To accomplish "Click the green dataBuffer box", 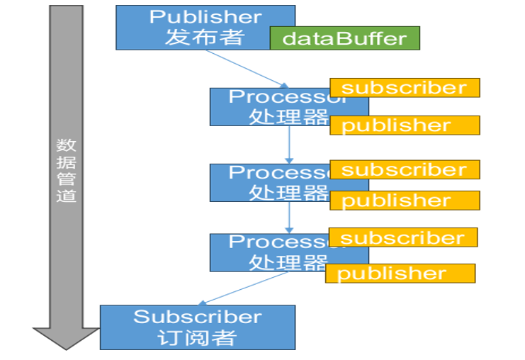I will coord(344,38).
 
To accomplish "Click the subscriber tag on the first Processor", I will coord(405,88).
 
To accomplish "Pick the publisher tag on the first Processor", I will coord(405,125).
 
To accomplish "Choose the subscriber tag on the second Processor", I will coord(405,169).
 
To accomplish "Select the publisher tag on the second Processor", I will coord(405,201).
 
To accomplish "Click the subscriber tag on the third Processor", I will coord(403,237).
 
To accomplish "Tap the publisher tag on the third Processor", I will coord(400,274).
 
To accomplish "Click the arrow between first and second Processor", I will coord(289,145).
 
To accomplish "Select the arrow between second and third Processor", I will coord(289,218).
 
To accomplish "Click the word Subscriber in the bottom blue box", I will coord(197,317).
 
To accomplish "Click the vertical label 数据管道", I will coord(66,170).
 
